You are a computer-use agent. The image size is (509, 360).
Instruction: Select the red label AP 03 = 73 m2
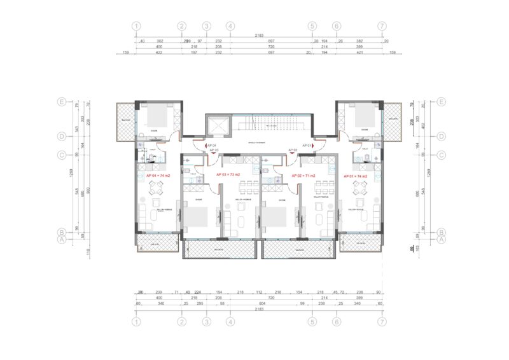coord(228,175)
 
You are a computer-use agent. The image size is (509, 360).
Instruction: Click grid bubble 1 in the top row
coord(136,27)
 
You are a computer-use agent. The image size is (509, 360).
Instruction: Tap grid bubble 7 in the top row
coord(382,27)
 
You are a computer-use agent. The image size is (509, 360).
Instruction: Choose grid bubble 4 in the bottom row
coord(230,322)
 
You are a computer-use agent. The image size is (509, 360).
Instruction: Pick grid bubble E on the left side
coord(62,102)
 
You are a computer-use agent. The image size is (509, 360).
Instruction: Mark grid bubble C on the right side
coord(440,154)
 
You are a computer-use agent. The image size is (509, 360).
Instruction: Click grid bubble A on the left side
coord(62,240)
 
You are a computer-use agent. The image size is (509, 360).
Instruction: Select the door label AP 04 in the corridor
coord(211,146)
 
